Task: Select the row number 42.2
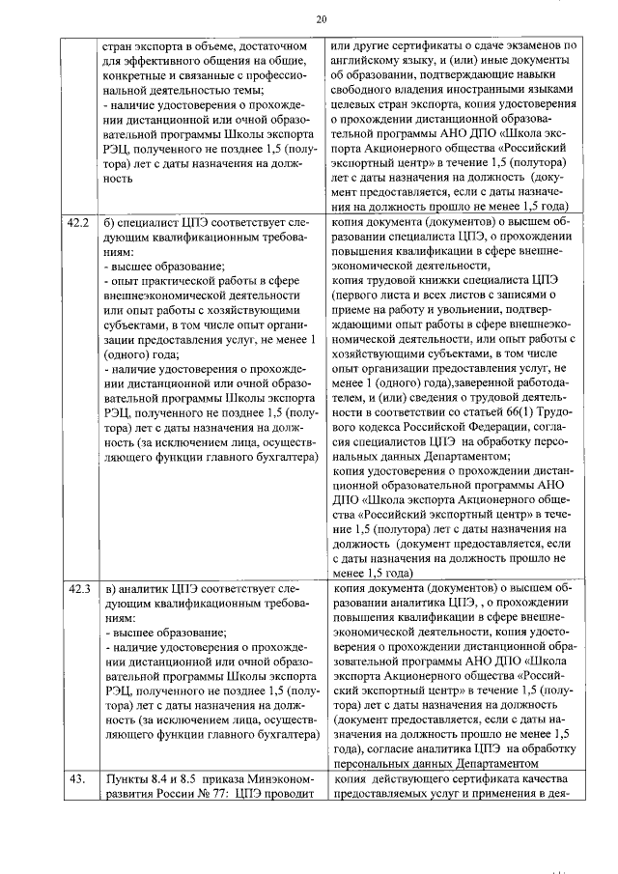[77, 222]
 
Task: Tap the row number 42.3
[77, 587]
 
